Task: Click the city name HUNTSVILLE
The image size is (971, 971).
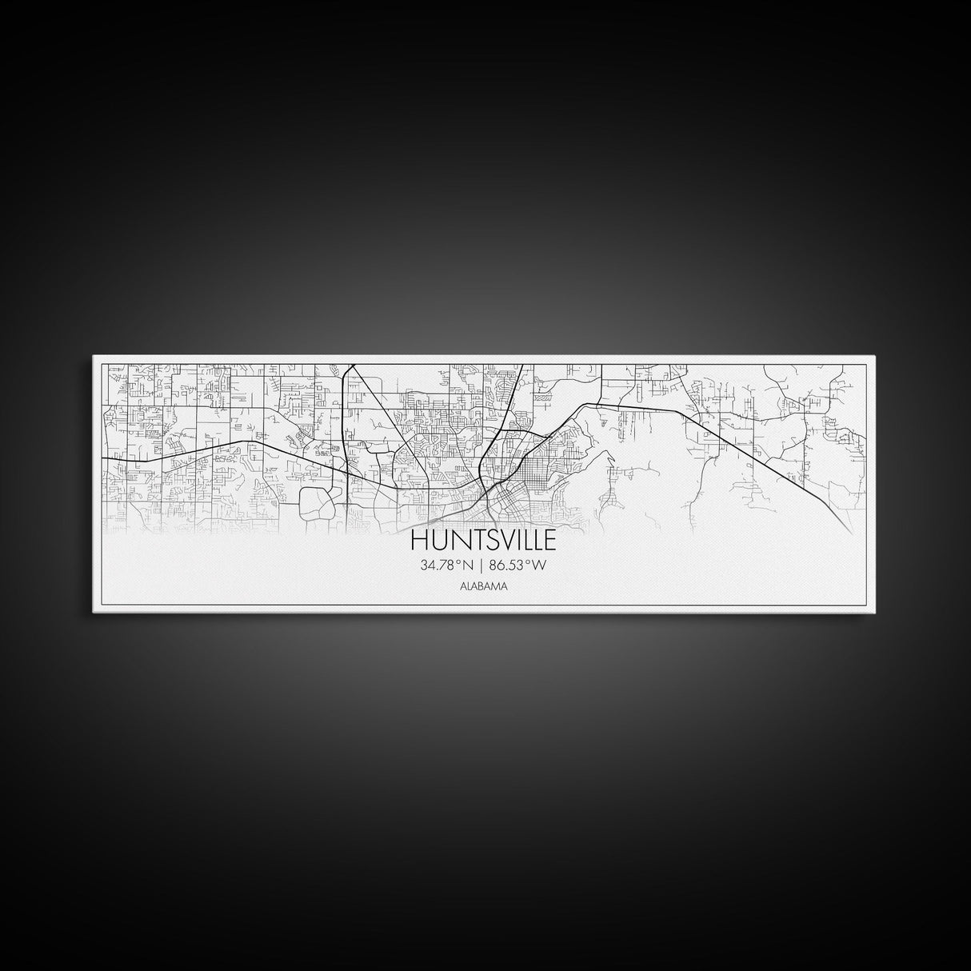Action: coord(484,541)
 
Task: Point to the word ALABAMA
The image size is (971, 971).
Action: coord(483,586)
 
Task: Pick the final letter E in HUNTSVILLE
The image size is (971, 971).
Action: coord(550,541)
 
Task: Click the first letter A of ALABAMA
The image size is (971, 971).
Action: coord(463,586)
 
